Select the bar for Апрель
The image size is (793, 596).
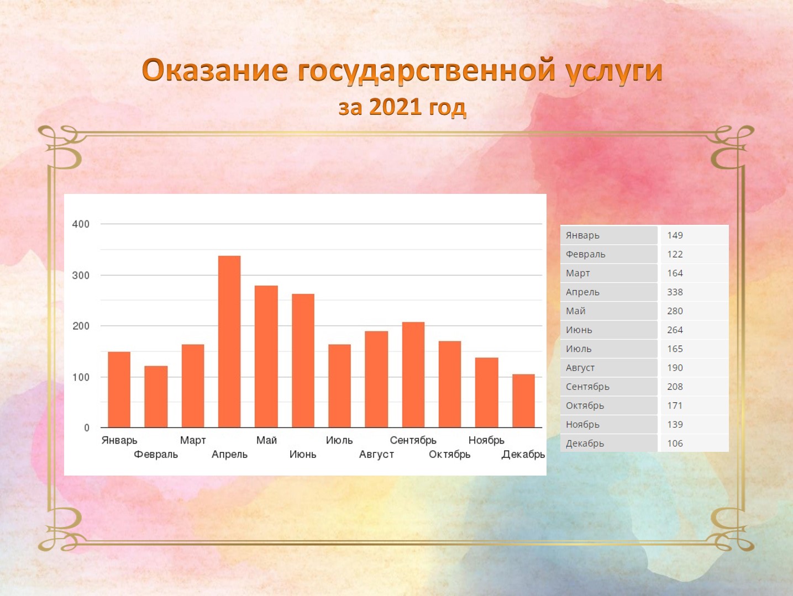point(229,341)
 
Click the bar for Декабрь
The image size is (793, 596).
point(523,400)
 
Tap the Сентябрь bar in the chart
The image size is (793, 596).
point(413,375)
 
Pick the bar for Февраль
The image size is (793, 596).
point(156,397)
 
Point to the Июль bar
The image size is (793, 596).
point(340,386)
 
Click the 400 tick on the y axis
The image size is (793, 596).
point(81,224)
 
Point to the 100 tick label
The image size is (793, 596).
point(81,377)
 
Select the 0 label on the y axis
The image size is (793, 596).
point(87,428)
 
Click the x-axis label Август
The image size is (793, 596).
point(376,455)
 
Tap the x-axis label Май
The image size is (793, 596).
point(266,440)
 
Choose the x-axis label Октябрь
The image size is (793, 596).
point(450,455)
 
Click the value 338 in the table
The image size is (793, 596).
point(675,292)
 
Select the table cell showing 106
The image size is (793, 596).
point(675,444)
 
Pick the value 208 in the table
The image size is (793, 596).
point(675,387)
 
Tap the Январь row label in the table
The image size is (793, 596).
point(582,235)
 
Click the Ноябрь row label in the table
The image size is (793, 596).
point(582,425)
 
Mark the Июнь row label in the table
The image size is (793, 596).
point(579,330)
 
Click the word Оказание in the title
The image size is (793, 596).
point(216,70)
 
